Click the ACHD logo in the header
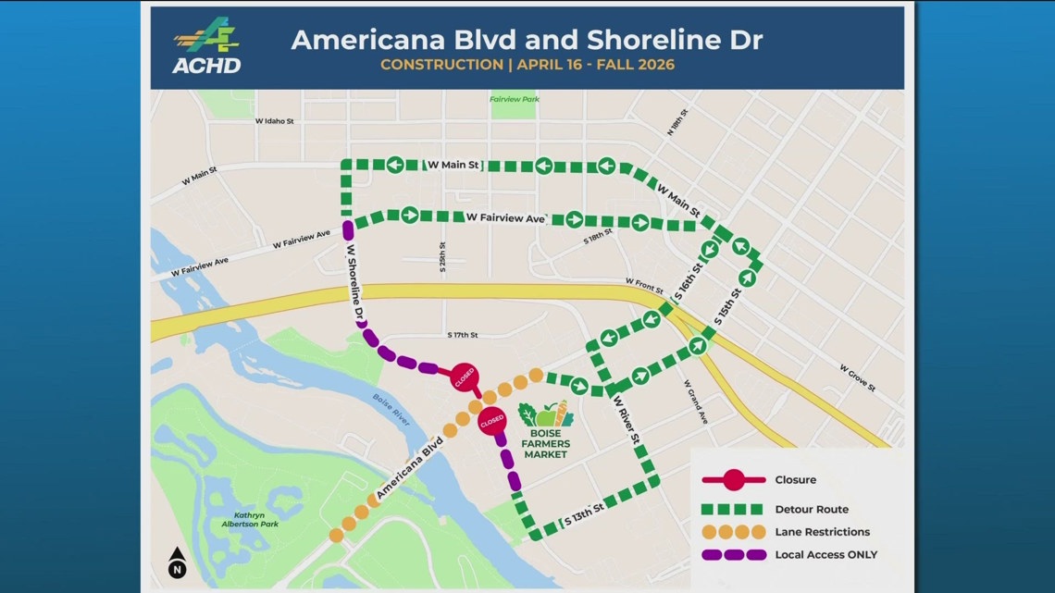click(205, 47)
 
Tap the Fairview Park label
click(515, 99)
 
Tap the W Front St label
click(644, 282)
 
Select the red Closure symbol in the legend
click(733, 480)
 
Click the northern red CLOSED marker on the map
click(464, 377)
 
